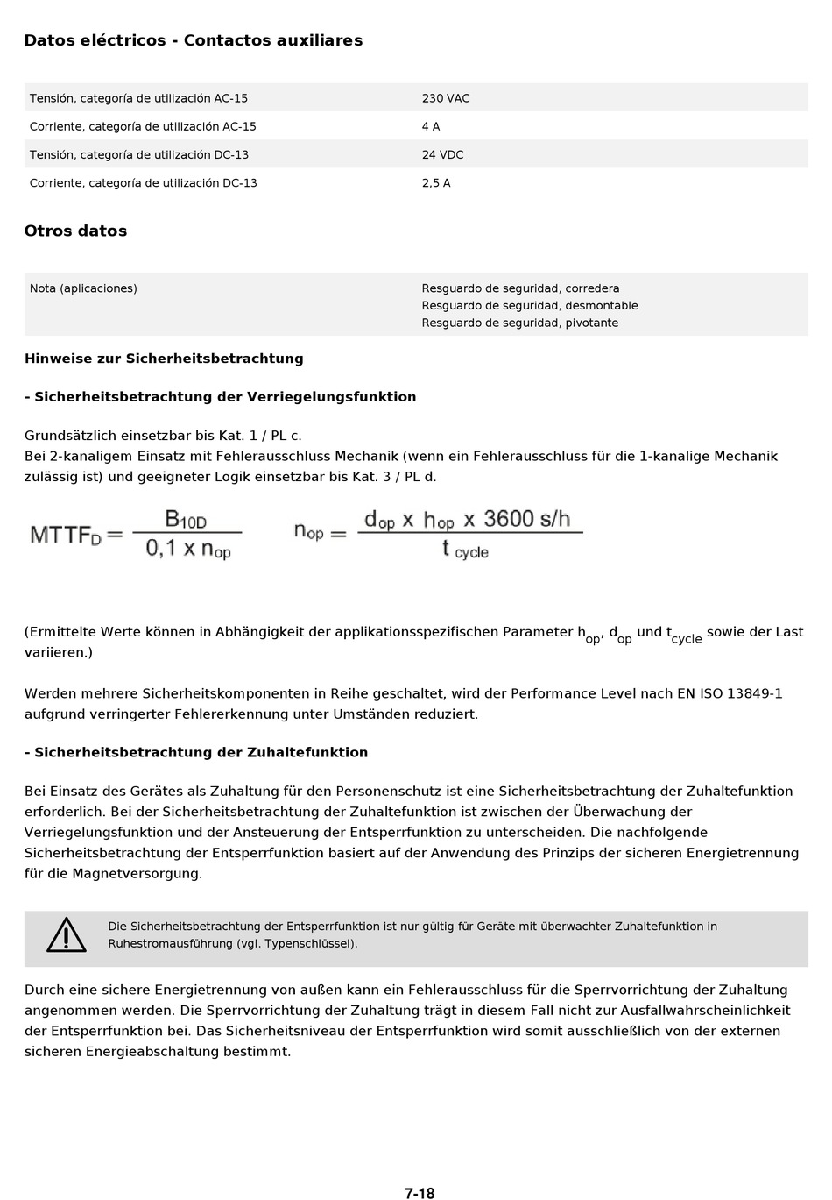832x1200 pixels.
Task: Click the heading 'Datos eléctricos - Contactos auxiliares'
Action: pyautogui.click(x=193, y=40)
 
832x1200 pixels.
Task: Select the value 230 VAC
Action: pyautogui.click(x=445, y=98)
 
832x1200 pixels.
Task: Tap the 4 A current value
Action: pyautogui.click(x=430, y=126)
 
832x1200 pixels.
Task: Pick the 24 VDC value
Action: pyautogui.click(x=442, y=154)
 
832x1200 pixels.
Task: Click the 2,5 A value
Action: pyautogui.click(x=435, y=183)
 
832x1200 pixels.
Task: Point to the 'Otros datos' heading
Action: pyautogui.click(x=75, y=231)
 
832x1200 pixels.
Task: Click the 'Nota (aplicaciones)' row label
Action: pyautogui.click(x=83, y=288)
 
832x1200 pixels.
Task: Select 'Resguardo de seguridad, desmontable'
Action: pyautogui.click(x=529, y=306)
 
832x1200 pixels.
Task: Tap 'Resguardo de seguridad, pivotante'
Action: pyautogui.click(x=519, y=323)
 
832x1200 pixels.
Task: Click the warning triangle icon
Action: pyautogui.click(x=66, y=935)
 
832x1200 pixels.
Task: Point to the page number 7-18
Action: pyautogui.click(x=420, y=1193)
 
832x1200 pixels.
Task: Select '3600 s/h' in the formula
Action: pyautogui.click(x=526, y=519)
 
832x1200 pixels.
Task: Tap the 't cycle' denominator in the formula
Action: pyautogui.click(x=465, y=550)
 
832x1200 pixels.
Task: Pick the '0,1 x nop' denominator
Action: pyautogui.click(x=187, y=550)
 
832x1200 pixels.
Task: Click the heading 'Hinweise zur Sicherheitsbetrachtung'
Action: pyautogui.click(x=164, y=359)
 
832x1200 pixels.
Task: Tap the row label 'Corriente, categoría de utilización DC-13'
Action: pyautogui.click(x=143, y=183)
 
